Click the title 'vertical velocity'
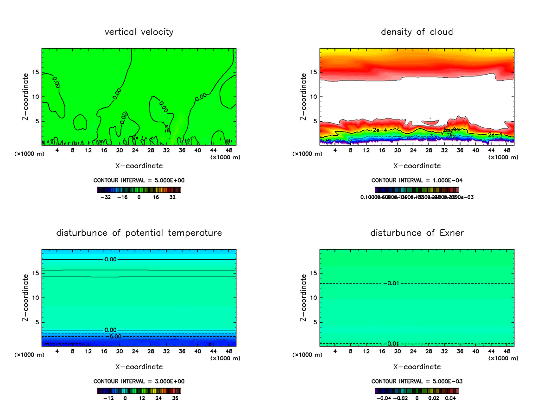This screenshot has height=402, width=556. click(139, 32)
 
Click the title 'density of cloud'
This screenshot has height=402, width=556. click(417, 32)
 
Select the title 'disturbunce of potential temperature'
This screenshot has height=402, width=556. click(139, 233)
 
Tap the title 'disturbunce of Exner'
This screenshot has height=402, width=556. click(417, 233)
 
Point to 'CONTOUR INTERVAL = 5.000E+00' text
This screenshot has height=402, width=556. click(139, 180)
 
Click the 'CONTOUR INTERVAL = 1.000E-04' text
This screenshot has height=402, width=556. click(417, 180)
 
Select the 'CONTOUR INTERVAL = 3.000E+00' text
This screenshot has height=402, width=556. click(139, 381)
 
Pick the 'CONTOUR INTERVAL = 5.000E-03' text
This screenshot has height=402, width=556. click(417, 381)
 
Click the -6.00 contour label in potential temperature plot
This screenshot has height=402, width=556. click(114, 336)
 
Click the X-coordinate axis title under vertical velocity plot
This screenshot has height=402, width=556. click(139, 165)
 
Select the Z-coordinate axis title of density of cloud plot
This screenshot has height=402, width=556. click(304, 97)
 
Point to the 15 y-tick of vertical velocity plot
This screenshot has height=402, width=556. click(36, 72)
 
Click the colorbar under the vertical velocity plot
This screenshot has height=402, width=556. click(139, 189)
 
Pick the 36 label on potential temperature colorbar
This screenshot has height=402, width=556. click(175, 398)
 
